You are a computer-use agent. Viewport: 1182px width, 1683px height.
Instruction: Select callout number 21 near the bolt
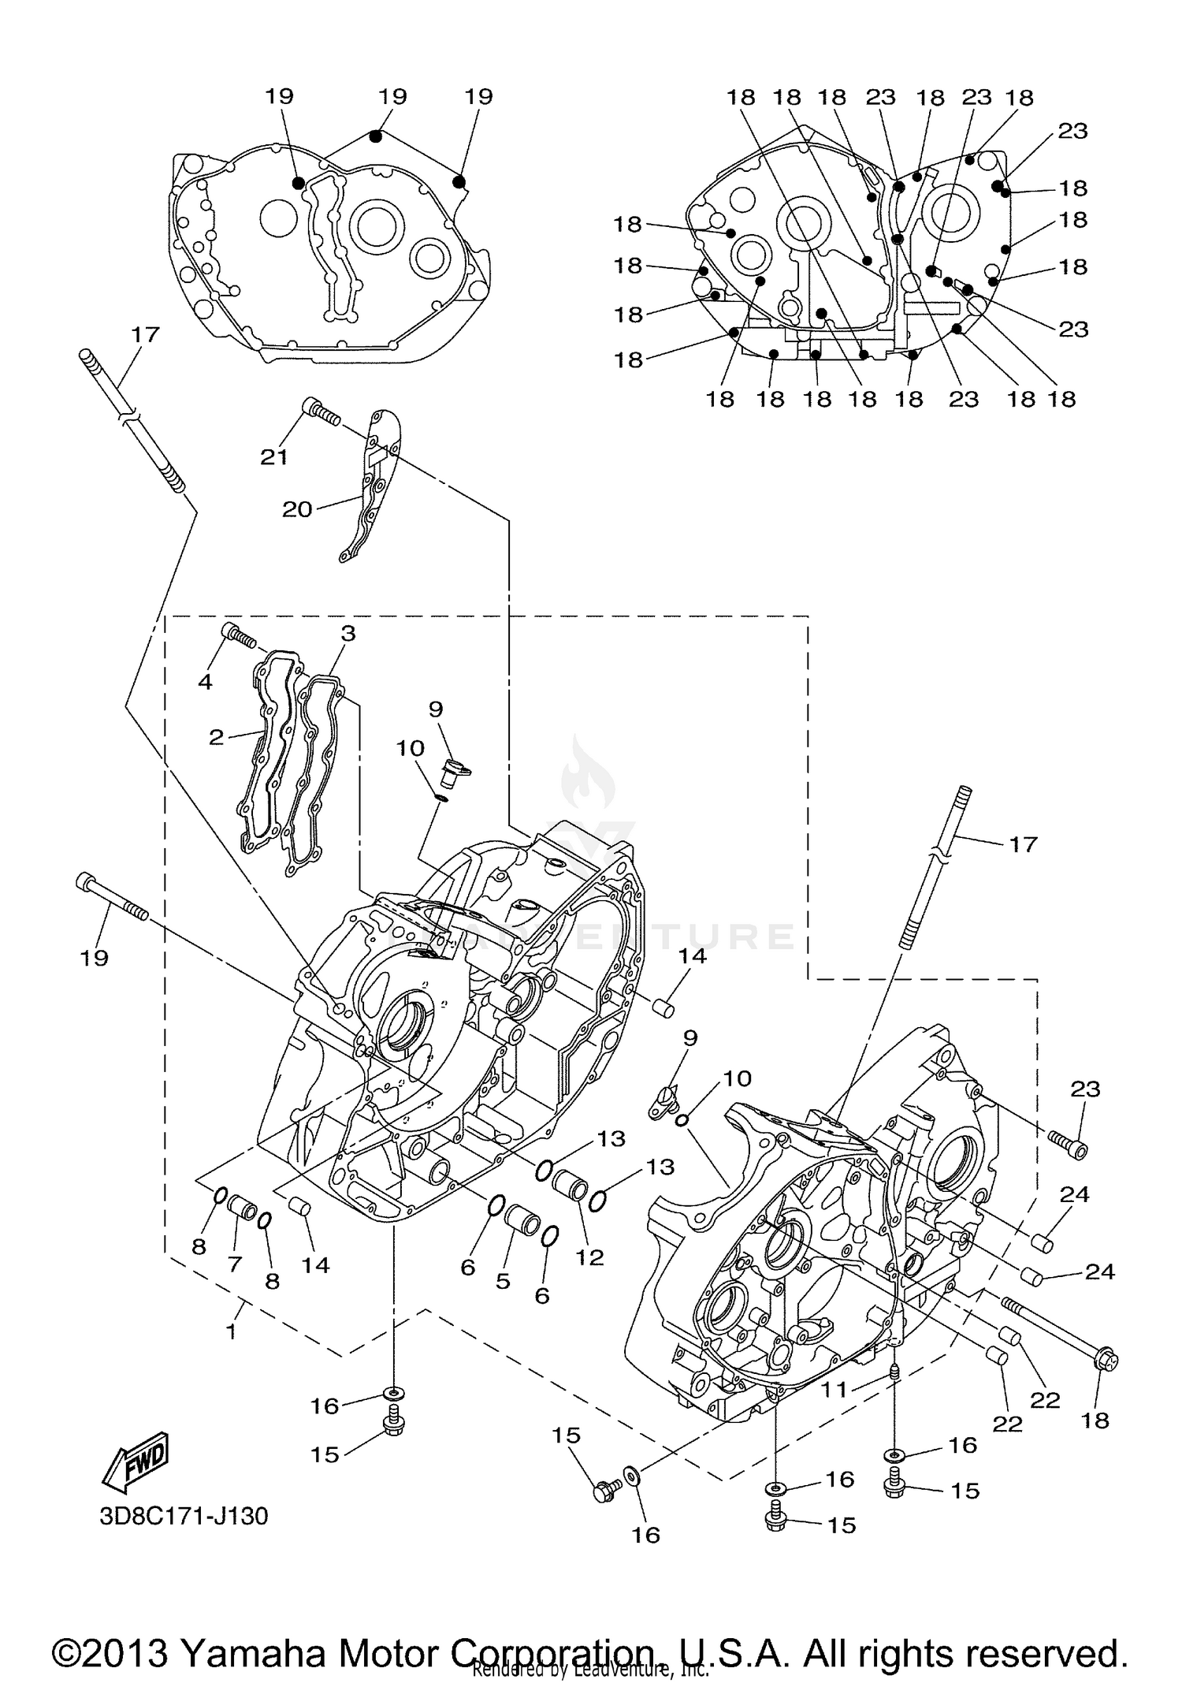(274, 456)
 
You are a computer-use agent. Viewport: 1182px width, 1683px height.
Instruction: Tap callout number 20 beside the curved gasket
(297, 509)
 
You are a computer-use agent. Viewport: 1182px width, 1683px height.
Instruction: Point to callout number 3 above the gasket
(348, 633)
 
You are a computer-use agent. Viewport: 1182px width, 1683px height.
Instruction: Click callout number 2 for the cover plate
(216, 737)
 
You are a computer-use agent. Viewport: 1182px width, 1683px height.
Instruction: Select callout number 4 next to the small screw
(205, 681)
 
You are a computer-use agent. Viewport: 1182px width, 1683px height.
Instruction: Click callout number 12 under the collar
(589, 1257)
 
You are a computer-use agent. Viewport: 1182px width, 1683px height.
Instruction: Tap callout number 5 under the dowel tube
(503, 1281)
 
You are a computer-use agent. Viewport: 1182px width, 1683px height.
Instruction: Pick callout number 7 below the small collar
(234, 1264)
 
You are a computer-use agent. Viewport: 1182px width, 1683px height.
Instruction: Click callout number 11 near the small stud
(834, 1389)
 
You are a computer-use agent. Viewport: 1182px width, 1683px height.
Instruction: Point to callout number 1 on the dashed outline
(231, 1331)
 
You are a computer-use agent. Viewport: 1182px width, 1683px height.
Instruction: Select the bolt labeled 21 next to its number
(322, 412)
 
